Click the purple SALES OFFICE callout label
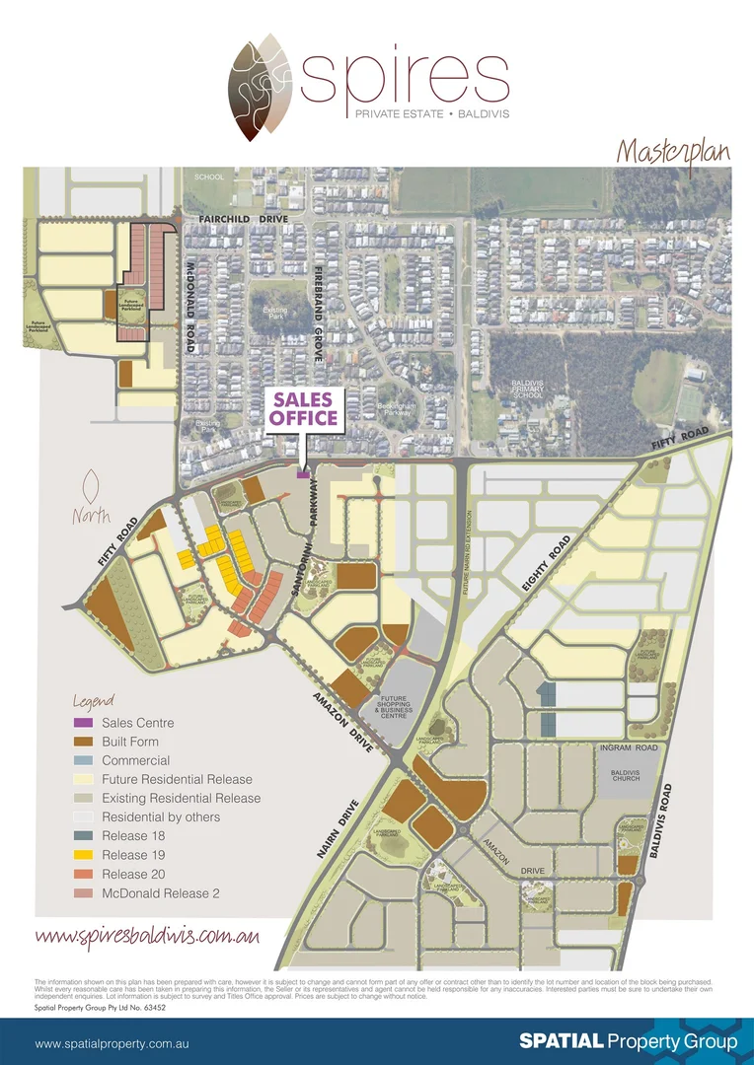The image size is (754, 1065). click(305, 409)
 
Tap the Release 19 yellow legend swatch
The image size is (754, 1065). click(86, 855)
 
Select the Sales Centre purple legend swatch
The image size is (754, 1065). click(86, 723)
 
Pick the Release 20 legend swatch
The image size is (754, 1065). click(86, 874)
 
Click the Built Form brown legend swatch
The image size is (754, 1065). click(86, 742)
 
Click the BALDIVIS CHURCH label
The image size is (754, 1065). click(626, 775)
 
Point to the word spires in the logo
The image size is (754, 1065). click(405, 78)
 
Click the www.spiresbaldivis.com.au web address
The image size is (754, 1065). click(147, 935)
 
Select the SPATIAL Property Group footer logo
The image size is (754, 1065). click(629, 1041)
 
